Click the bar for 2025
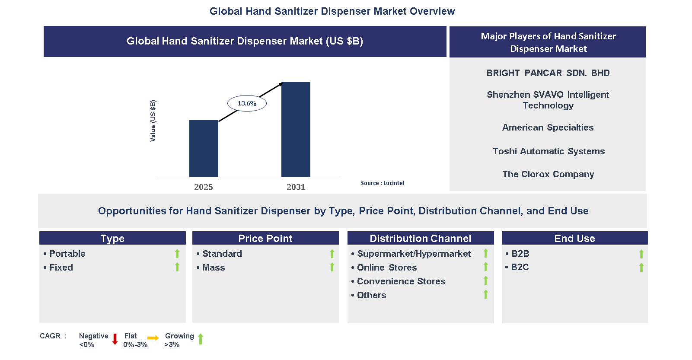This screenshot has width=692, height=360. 204,148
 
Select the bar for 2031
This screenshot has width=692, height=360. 296,129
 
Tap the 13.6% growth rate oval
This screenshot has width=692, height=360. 247,103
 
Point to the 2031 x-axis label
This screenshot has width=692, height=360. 296,187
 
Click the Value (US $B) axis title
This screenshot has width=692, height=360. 153,121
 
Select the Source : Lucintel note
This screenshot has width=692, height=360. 383,183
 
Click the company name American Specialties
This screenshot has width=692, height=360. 548,127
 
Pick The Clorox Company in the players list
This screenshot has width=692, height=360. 548,174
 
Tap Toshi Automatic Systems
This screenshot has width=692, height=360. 548,151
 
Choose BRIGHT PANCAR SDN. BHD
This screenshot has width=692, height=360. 548,73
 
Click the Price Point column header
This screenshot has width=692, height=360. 265,238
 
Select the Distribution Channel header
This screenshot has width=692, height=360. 420,238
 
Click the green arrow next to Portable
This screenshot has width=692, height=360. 177,254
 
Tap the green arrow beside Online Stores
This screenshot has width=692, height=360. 486,267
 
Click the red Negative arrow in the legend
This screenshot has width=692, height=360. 115,339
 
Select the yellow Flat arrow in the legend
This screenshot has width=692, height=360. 153,338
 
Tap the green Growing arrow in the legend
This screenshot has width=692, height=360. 201,339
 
